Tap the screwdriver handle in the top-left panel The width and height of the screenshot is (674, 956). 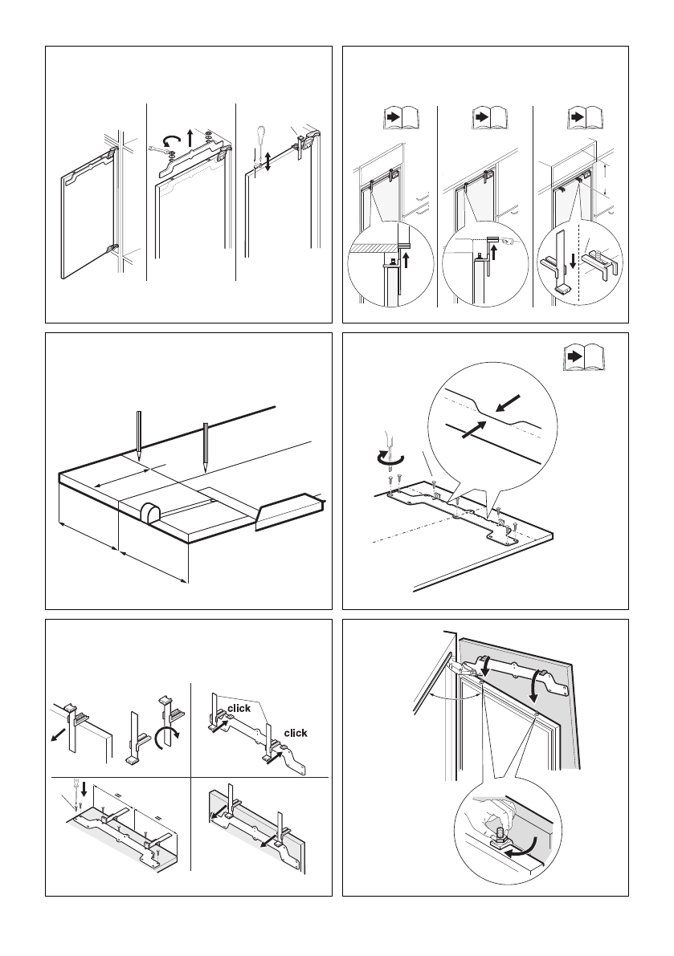(259, 133)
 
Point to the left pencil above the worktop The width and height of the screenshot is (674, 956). (139, 434)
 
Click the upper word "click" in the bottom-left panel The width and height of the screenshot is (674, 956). (239, 708)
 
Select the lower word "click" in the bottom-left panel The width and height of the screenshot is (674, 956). (296, 733)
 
